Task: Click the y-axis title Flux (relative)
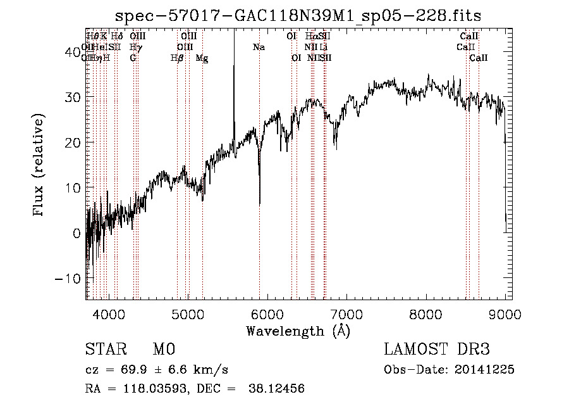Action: tap(39, 165)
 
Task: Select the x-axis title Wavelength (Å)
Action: tap(298, 331)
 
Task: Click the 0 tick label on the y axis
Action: tap(76, 233)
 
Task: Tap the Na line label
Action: tap(259, 47)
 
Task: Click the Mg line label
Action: tap(202, 58)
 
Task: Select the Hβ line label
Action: tap(178, 58)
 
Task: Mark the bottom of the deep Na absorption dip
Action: tap(260, 203)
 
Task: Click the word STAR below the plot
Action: tap(105, 350)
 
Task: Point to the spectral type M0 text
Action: tap(163, 350)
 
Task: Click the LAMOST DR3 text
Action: tap(436, 350)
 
